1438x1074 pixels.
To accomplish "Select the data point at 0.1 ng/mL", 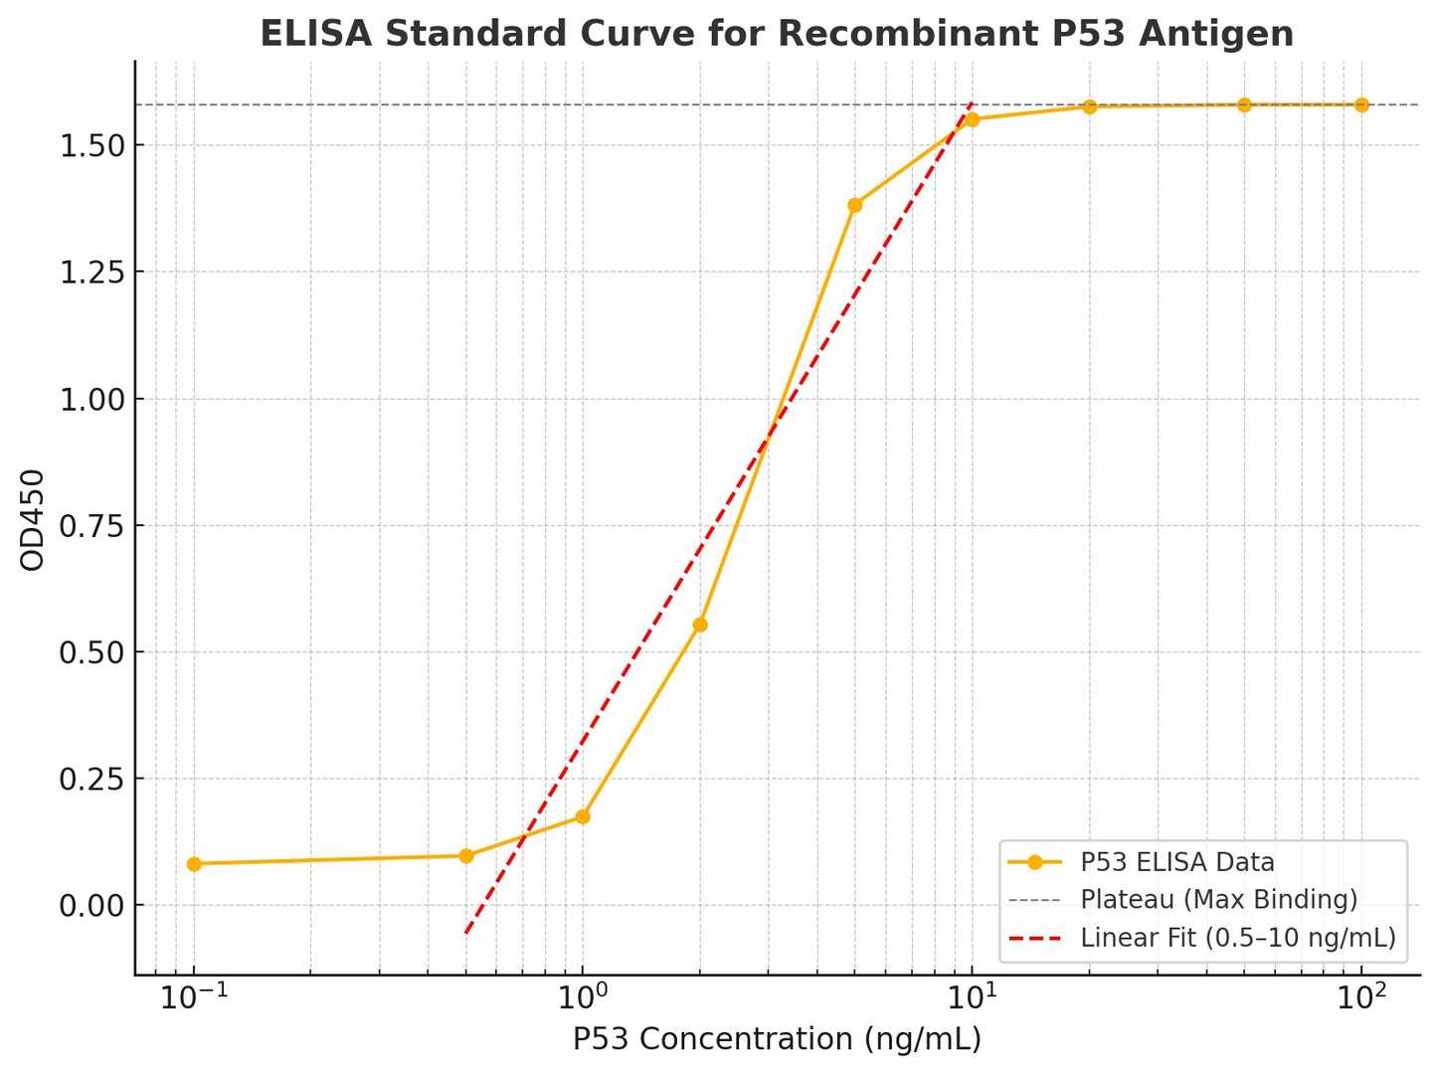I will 194,864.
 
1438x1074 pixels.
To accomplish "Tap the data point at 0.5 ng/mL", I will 466,855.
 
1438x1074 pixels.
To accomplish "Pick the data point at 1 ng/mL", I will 583,816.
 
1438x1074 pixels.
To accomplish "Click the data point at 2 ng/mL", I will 700,625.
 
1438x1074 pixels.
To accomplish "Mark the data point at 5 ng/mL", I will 855,206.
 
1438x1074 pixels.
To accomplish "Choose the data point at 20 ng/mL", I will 1090,106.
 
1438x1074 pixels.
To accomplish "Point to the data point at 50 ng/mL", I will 1244,104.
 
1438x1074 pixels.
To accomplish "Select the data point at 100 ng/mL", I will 1361,104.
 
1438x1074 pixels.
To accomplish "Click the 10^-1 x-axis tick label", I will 193,997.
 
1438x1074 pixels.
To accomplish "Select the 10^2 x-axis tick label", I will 1360,997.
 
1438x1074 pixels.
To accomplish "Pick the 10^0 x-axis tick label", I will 583,997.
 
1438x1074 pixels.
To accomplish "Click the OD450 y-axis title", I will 33,519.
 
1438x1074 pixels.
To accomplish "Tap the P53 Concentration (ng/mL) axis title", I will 777,1039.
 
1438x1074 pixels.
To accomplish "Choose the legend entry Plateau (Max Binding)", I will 1218,900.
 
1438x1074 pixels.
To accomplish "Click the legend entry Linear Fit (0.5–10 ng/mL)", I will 1237,938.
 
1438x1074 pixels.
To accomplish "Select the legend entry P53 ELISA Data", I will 1176,862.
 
